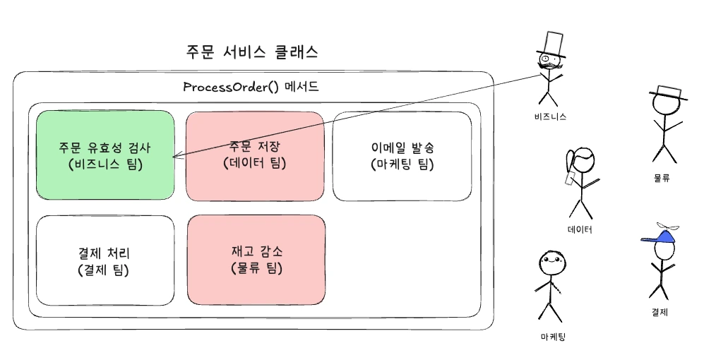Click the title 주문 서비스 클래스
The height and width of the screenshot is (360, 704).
tap(251, 52)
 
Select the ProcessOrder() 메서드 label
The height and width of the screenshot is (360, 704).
tap(251, 88)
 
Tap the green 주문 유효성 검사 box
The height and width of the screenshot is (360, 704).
tap(105, 156)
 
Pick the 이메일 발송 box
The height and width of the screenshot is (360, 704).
tap(402, 156)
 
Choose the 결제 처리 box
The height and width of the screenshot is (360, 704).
tap(105, 260)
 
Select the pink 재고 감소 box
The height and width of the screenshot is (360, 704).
tap(256, 259)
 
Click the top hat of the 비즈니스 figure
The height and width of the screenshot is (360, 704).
tap(551, 43)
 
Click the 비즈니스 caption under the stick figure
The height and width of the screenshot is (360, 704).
tap(551, 116)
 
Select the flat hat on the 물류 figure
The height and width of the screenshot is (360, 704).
tap(668, 93)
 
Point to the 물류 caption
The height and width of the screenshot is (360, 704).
tap(662, 179)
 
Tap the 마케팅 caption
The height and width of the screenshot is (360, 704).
tap(551, 337)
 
